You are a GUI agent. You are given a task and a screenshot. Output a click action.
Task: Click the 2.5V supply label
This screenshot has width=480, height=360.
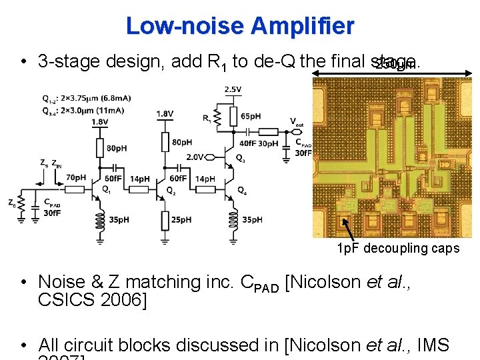point(233,89)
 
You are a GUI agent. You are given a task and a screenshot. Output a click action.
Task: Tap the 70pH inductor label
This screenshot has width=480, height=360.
point(76,177)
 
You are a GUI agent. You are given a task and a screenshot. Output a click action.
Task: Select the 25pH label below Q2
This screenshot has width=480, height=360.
point(180,219)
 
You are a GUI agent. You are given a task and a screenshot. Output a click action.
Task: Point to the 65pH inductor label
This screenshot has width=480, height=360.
point(251,116)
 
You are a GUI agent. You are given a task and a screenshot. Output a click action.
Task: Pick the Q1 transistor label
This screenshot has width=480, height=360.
point(106,189)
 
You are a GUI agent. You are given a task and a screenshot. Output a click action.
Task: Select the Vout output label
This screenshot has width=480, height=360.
point(297,122)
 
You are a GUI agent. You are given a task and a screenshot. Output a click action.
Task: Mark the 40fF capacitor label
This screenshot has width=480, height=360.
point(247,143)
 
